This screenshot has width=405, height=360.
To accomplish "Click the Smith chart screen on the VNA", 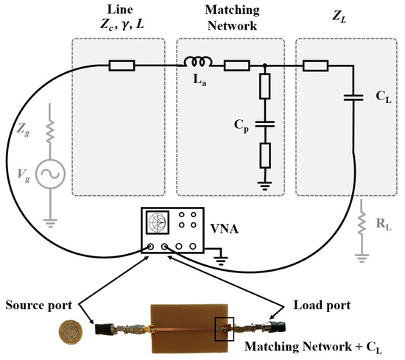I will [158, 222].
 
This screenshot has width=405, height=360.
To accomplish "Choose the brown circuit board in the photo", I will [191, 324].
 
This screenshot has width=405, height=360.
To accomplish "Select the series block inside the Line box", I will [121, 66].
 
